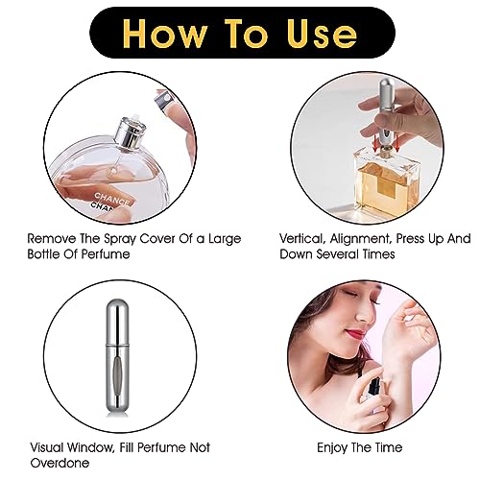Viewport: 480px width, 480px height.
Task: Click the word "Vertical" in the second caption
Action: click(x=304, y=237)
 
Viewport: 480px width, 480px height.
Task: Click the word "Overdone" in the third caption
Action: click(x=59, y=464)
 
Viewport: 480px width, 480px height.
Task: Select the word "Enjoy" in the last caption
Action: click(x=336, y=447)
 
